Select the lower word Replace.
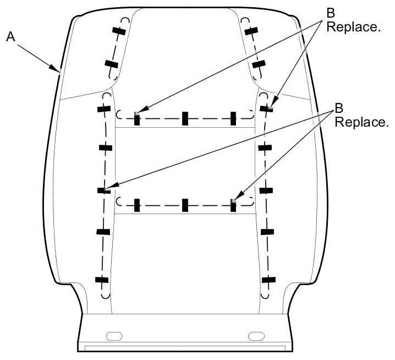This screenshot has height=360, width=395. pos(361,122)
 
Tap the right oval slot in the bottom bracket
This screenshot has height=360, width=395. pos(256,336)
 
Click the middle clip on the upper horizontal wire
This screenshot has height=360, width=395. pos(185,117)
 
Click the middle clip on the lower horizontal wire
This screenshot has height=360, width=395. pos(185,205)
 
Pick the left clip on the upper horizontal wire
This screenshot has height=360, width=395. pos(137,118)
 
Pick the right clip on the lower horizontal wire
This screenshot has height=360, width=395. pos(233,204)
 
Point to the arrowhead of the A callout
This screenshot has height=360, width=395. pos(59,71)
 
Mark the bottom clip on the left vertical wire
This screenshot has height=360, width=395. pos(101,280)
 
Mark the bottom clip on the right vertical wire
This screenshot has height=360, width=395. pos(268,280)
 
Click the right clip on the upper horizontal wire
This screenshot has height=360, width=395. pos(233,117)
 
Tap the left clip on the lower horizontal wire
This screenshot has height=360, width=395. pos(137,205)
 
